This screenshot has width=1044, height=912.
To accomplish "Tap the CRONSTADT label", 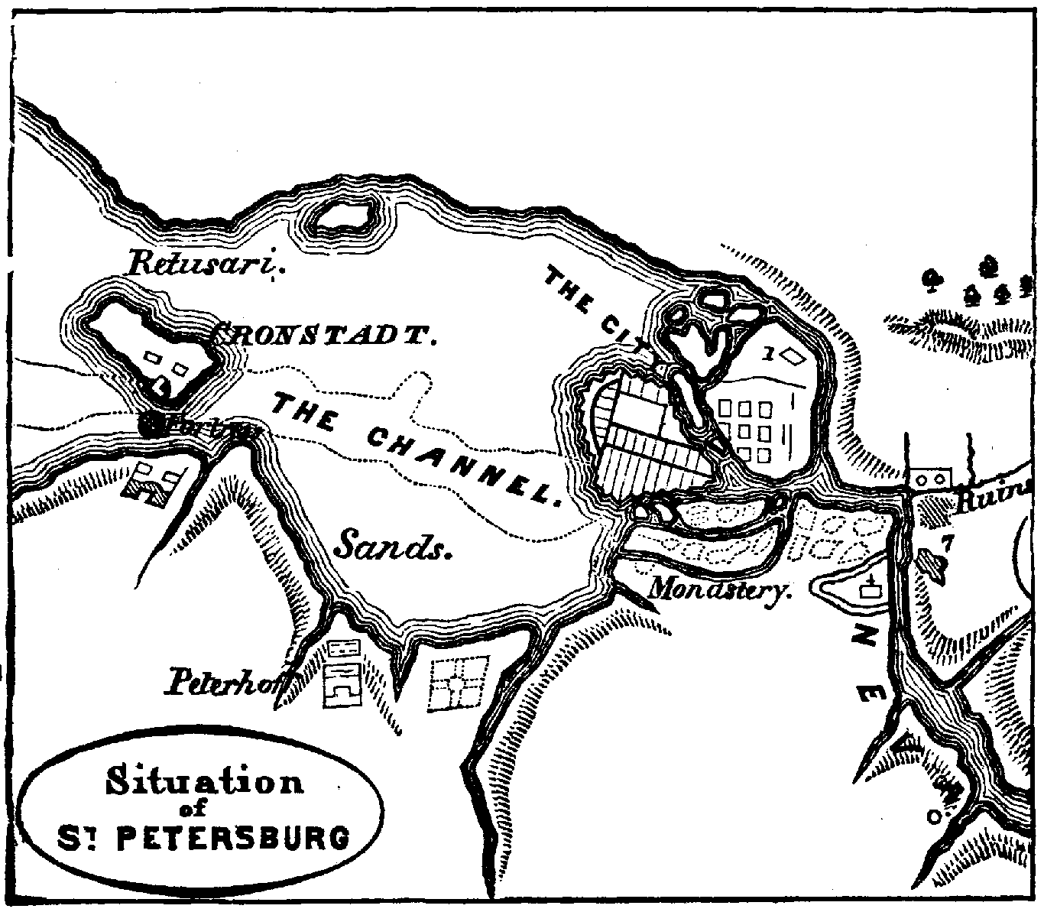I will coord(324,334).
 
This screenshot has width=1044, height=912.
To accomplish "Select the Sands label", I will coord(391,544).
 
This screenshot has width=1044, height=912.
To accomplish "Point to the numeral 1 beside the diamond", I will coord(768,353).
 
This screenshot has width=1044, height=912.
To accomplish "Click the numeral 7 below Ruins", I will coord(947,544).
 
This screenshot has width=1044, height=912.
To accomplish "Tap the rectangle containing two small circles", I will coord(927,479).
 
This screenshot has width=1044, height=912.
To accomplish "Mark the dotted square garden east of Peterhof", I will coord(459,682).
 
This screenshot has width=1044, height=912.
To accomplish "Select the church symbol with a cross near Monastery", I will coord(868,588).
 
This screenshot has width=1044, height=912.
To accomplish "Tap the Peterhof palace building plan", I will coord(343,673).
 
